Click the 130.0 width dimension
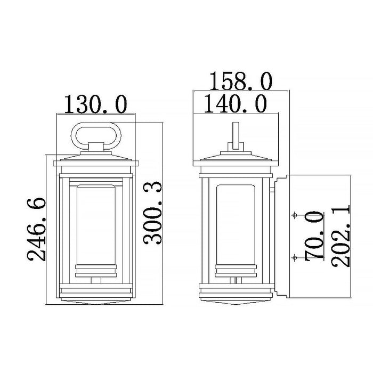pyautogui.click(x=95, y=104)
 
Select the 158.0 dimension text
pyautogui.click(x=240, y=82)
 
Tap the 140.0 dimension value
pyautogui.click(x=236, y=104)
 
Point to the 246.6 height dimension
pyautogui.click(x=36, y=229)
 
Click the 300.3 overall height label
pyautogui.click(x=152, y=213)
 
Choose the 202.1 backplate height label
pyautogui.click(x=340, y=236)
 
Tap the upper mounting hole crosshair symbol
pyautogui.click(x=295, y=215)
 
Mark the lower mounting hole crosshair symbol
pyautogui.click(x=295, y=257)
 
